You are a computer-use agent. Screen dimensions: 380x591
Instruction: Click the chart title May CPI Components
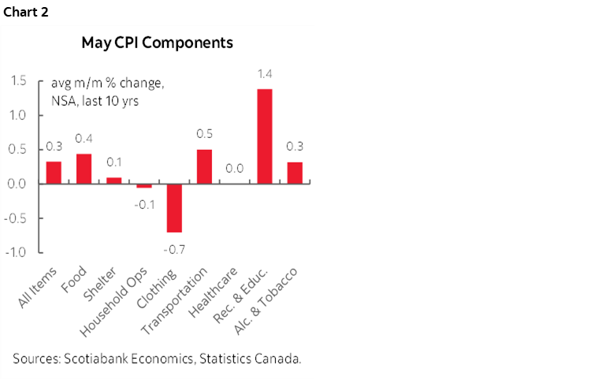click(x=158, y=43)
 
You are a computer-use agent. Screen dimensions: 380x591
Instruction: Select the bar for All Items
click(x=54, y=173)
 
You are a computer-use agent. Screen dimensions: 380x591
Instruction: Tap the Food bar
click(x=84, y=169)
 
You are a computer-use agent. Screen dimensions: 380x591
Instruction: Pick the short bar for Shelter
click(x=114, y=181)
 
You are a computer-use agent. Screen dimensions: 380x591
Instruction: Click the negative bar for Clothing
click(x=174, y=208)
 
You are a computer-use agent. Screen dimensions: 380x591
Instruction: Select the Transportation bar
click(x=204, y=166)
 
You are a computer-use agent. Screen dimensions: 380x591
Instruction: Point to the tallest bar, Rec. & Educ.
click(x=265, y=136)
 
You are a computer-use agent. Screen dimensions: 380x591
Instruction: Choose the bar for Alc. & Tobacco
click(x=295, y=173)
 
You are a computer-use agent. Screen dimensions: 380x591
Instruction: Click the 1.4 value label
click(x=265, y=74)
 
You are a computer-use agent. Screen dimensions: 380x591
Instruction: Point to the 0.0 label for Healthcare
click(x=235, y=169)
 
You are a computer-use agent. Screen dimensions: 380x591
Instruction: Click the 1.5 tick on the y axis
click(x=19, y=81)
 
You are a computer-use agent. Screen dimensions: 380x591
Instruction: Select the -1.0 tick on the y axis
click(x=17, y=252)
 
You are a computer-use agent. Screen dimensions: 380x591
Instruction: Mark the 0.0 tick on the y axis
click(x=19, y=184)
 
